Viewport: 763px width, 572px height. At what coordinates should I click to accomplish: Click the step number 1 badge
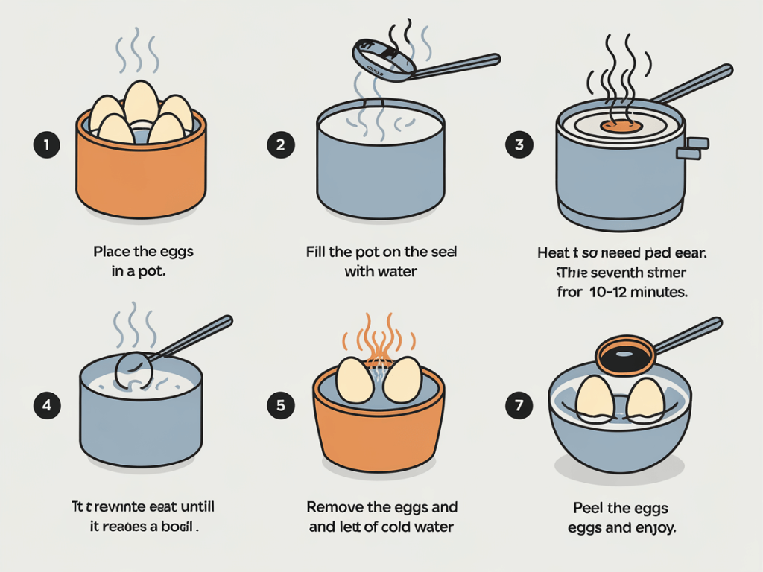(46, 144)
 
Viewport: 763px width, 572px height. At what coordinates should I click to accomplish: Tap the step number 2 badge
(280, 144)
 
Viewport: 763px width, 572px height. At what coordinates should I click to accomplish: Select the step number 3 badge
(519, 144)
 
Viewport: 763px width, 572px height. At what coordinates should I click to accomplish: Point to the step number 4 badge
(46, 406)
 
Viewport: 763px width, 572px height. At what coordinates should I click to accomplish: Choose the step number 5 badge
(280, 406)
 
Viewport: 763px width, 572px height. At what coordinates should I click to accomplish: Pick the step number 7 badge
(519, 406)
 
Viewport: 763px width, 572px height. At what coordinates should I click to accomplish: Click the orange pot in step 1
(141, 175)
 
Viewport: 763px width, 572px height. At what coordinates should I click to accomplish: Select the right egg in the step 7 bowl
(645, 398)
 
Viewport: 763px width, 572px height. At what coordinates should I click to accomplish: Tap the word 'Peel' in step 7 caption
(588, 509)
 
